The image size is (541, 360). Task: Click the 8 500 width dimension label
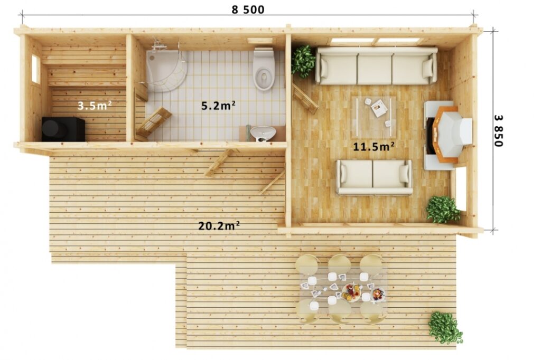click(x=248, y=10)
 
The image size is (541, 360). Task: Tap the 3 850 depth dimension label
click(x=498, y=131)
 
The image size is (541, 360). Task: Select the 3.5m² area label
click(x=94, y=105)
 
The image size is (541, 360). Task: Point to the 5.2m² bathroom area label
click(x=218, y=105)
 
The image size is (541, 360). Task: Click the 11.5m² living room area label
click(x=374, y=147)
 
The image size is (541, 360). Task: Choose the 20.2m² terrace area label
click(x=219, y=226)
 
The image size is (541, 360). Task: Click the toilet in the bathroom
click(x=264, y=69)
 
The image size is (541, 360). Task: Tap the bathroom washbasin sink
click(x=263, y=134)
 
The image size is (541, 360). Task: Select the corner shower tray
click(x=166, y=71)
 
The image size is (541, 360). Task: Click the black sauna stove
click(x=63, y=129)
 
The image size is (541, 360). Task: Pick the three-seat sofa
click(x=377, y=66)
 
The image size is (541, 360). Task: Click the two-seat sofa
click(x=375, y=177)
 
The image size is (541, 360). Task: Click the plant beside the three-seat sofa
click(x=303, y=61)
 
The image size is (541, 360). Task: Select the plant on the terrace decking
click(x=445, y=328)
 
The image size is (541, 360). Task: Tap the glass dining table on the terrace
click(x=342, y=289)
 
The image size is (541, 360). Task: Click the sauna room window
click(x=36, y=69)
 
